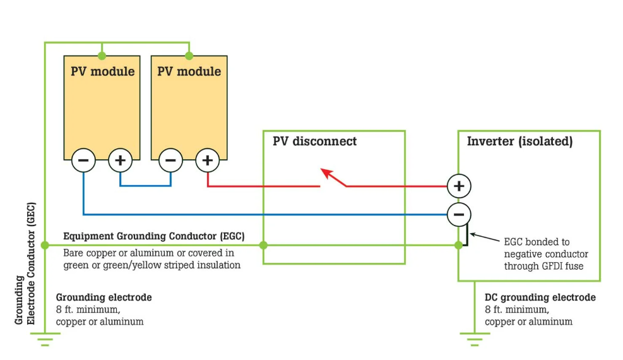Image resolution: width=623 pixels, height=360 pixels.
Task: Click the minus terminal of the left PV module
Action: (83, 161)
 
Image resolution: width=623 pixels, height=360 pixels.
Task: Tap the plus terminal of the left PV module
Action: (120, 161)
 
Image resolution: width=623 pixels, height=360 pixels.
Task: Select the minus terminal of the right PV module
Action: (170, 161)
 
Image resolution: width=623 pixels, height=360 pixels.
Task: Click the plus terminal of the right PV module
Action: (207, 161)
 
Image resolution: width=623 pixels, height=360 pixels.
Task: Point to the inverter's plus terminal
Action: (459, 186)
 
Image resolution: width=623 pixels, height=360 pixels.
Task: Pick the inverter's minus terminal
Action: (459, 215)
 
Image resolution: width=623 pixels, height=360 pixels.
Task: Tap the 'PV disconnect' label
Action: (314, 141)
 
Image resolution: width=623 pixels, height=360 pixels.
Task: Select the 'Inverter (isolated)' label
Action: (519, 141)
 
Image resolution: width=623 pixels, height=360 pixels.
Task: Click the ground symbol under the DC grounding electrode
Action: (475, 339)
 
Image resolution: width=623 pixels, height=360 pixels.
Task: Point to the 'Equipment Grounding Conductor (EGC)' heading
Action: (153, 236)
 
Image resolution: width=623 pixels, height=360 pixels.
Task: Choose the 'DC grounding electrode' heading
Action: (540, 297)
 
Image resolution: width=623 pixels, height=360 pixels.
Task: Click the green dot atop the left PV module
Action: (102, 56)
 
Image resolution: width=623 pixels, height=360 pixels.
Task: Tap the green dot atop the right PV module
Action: (189, 56)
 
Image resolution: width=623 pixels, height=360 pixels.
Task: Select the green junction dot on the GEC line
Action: (45, 245)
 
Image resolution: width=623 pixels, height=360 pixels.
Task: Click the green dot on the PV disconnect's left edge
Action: (263, 245)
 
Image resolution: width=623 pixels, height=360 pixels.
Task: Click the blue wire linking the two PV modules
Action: (145, 185)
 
